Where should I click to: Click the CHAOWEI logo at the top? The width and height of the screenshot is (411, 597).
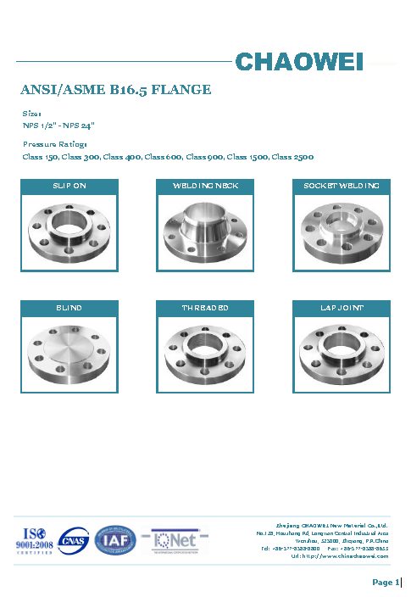[310, 61]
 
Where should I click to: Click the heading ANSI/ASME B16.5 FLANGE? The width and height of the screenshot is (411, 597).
[115, 90]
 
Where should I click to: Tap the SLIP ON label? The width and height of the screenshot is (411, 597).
[69, 185]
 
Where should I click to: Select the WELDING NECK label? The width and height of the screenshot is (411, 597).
[206, 185]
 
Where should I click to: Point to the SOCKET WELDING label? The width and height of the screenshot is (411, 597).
[342, 185]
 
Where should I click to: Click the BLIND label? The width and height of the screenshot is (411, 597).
[69, 307]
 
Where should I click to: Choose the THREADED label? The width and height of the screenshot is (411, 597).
[206, 307]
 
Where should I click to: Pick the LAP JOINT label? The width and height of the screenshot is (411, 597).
[342, 307]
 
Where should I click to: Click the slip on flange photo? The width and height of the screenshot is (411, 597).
[69, 231]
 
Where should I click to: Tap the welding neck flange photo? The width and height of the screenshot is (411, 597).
[206, 231]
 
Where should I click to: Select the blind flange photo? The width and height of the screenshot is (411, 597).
[69, 353]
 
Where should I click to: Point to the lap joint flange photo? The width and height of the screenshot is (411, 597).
[342, 353]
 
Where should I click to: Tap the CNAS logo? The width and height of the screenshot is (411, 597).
[74, 540]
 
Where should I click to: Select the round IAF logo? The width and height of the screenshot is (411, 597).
[114, 540]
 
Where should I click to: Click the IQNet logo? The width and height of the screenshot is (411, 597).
[175, 540]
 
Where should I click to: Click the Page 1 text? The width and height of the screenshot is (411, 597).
[385, 582]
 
